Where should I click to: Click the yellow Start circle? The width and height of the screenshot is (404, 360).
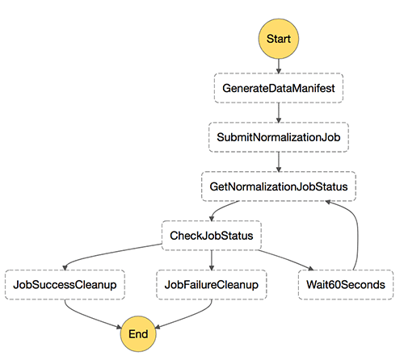pyautogui.click(x=279, y=39)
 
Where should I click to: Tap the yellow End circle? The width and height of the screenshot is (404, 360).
pyautogui.click(x=138, y=334)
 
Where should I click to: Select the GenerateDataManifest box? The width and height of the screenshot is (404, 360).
pyautogui.click(x=279, y=88)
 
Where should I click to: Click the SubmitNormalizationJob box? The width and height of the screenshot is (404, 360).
pyautogui.click(x=279, y=137)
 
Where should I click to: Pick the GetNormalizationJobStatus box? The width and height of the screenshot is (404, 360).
pyautogui.click(x=279, y=186)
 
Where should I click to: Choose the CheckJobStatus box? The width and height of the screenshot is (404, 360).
pyautogui.click(x=212, y=236)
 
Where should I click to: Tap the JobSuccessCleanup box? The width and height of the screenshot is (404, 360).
pyautogui.click(x=65, y=285)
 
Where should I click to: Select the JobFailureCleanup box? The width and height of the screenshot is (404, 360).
pyautogui.click(x=212, y=285)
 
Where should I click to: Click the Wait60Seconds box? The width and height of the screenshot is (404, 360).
pyautogui.click(x=346, y=285)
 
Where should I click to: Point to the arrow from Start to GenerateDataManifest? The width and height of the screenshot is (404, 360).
pyautogui.click(x=279, y=66)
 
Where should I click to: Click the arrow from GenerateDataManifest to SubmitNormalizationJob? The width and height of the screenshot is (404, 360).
pyautogui.click(x=279, y=113)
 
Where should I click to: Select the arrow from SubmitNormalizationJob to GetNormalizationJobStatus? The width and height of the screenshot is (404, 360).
pyautogui.click(x=279, y=162)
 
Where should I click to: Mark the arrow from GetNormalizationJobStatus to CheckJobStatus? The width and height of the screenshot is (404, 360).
pyautogui.click(x=222, y=207)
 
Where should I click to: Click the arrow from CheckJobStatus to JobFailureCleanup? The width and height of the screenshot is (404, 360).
pyautogui.click(x=212, y=260)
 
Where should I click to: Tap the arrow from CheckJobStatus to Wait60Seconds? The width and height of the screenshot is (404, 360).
pyautogui.click(x=286, y=259)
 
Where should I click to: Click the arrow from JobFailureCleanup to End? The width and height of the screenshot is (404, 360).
pyautogui.click(x=188, y=316)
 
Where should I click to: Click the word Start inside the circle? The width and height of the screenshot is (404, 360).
pyautogui.click(x=279, y=39)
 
